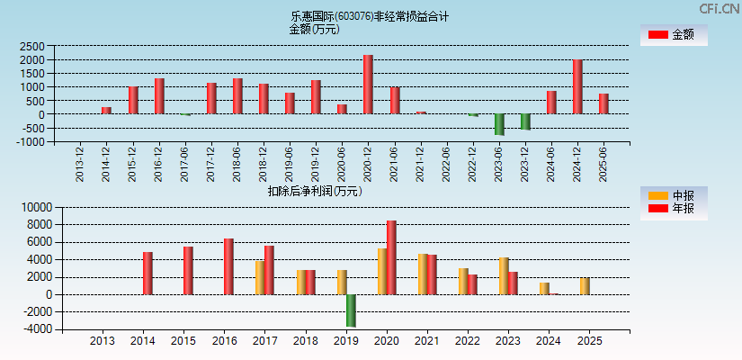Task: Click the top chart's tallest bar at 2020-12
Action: point(368,85)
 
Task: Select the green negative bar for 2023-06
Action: point(499,124)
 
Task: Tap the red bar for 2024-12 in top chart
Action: point(577,87)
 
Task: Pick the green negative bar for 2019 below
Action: point(351,310)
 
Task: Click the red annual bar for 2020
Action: point(391,257)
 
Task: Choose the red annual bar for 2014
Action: point(148,274)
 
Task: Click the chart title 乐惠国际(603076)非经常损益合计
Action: point(370,16)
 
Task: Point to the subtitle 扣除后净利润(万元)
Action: point(314,191)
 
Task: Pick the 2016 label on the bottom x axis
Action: point(225,342)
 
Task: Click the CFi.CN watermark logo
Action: point(720,8)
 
